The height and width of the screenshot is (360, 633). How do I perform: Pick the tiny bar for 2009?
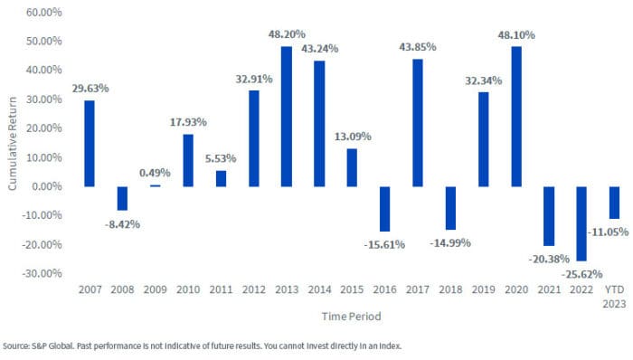155,185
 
